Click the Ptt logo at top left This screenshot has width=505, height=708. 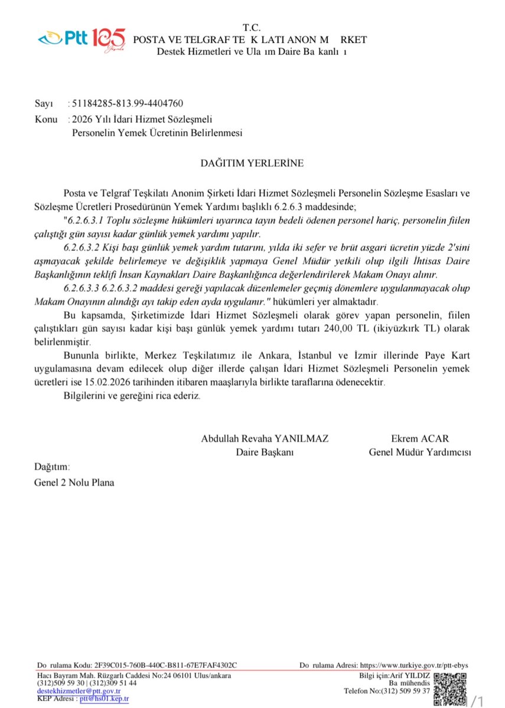(82, 40)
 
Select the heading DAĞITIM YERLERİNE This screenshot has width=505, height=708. (251, 163)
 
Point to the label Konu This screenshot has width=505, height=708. (46, 120)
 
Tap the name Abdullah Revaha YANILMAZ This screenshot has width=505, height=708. (265, 439)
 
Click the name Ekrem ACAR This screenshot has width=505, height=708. (420, 439)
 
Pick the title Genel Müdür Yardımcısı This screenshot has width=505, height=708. (420, 453)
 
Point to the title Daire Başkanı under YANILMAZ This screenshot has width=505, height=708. (265, 453)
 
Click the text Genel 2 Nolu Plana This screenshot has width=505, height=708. (74, 482)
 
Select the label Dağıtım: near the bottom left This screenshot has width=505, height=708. (52, 467)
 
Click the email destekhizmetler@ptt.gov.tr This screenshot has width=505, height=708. (79, 691)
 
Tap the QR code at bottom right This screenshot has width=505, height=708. (449, 688)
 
